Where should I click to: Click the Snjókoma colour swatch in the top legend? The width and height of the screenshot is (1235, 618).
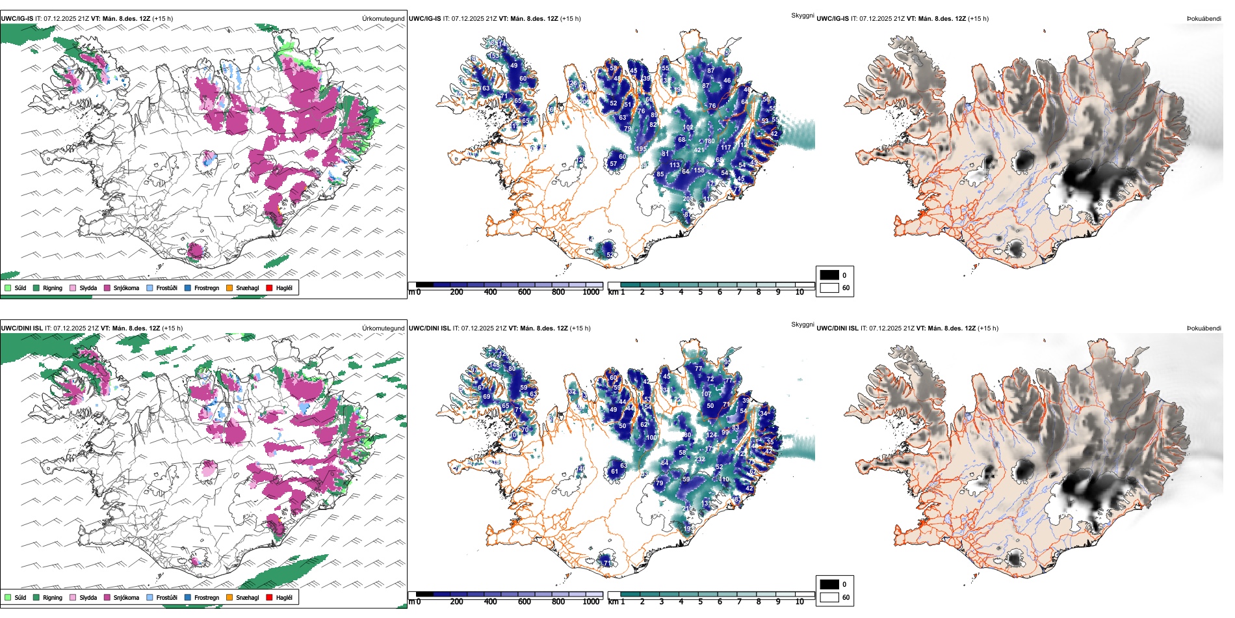pyautogui.click(x=107, y=288)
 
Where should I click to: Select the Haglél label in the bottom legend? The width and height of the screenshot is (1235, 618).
pyautogui.click(x=284, y=597)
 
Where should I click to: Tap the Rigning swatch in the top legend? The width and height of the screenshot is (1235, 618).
pyautogui.click(x=36, y=288)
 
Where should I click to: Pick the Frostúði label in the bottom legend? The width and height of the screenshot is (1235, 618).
pyautogui.click(x=166, y=597)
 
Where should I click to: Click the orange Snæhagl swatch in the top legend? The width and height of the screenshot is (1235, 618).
pyautogui.click(x=229, y=288)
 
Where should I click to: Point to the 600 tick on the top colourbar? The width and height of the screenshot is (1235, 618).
pyautogui.click(x=525, y=292)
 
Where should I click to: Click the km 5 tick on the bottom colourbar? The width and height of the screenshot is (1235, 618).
pyautogui.click(x=700, y=602)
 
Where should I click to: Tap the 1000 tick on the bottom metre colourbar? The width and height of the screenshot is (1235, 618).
pyautogui.click(x=591, y=602)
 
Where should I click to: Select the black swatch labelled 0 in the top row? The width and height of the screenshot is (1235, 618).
pyautogui.click(x=829, y=275)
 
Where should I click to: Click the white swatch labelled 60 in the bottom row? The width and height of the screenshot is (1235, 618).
pyautogui.click(x=829, y=597)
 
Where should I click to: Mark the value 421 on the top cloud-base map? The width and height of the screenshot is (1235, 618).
pyautogui.click(x=699, y=150)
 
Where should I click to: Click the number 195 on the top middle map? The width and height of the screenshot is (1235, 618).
pyautogui.click(x=641, y=149)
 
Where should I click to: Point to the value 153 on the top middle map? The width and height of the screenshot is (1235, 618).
pyautogui.click(x=494, y=56)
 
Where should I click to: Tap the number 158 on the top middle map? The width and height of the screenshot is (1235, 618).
pyautogui.click(x=699, y=170)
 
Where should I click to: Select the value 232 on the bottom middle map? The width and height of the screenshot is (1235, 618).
pyautogui.click(x=699, y=459)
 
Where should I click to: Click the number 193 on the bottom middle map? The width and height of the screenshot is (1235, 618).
pyautogui.click(x=689, y=529)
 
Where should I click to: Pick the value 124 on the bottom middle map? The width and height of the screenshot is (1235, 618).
pyautogui.click(x=712, y=435)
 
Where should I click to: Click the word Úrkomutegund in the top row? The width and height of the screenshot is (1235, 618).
pyautogui.click(x=383, y=19)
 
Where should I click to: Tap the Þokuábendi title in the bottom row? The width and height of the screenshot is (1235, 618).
pyautogui.click(x=1204, y=329)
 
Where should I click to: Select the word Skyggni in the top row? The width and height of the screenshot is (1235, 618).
pyautogui.click(x=802, y=16)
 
